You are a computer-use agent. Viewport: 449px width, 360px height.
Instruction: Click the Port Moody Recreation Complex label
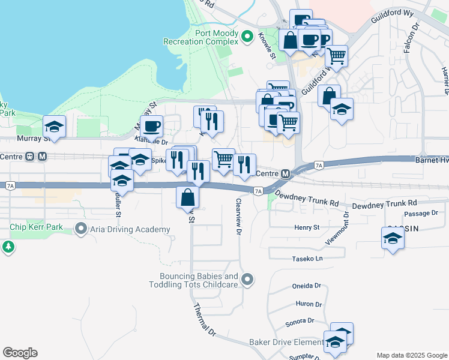point(201,37)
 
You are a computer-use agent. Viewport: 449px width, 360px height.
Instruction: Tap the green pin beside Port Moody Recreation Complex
point(246,37)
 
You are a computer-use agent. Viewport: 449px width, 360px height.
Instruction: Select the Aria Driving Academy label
point(130,229)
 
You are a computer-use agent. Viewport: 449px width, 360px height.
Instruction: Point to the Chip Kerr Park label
point(37,228)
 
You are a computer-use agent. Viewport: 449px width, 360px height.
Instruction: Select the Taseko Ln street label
point(307,258)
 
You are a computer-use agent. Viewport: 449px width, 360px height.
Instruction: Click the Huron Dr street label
point(309,305)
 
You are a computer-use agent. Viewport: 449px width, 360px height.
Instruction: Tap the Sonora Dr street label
point(300,321)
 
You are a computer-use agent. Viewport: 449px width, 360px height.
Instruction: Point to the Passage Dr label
point(421,214)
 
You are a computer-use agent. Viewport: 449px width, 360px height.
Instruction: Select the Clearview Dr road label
point(239,217)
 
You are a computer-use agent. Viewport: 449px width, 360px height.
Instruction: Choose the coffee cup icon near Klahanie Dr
point(152,126)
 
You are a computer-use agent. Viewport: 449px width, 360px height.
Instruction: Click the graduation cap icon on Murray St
point(55,127)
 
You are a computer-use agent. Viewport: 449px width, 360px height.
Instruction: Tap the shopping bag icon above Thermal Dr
point(188,197)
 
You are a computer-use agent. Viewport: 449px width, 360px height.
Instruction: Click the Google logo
point(20,353)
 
